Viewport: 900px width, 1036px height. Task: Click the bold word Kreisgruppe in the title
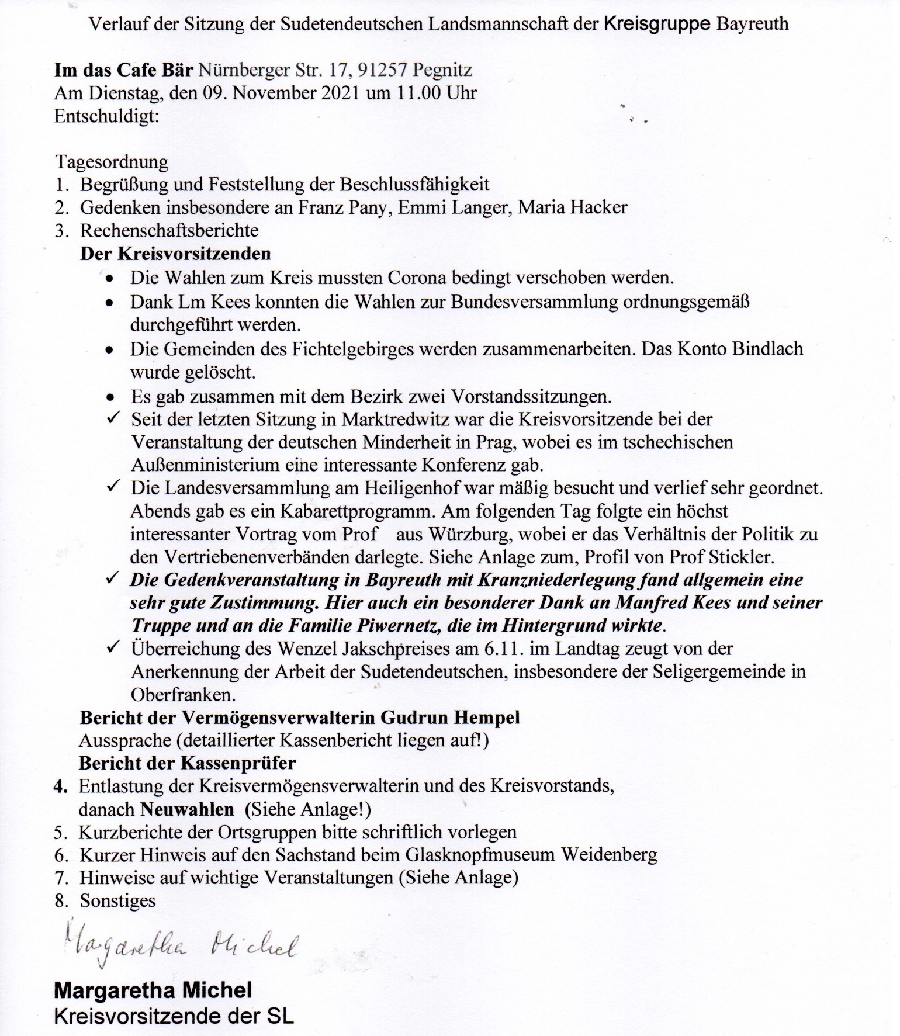tap(657, 24)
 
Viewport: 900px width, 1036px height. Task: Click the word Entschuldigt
tap(106, 116)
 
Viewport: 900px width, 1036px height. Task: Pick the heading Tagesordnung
tap(112, 161)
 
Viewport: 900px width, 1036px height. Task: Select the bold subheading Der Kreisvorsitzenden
tap(175, 254)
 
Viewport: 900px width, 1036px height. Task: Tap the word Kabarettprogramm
tap(358, 511)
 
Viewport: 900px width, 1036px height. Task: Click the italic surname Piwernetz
tap(394, 626)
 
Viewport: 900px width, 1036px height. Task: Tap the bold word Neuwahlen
tap(187, 810)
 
